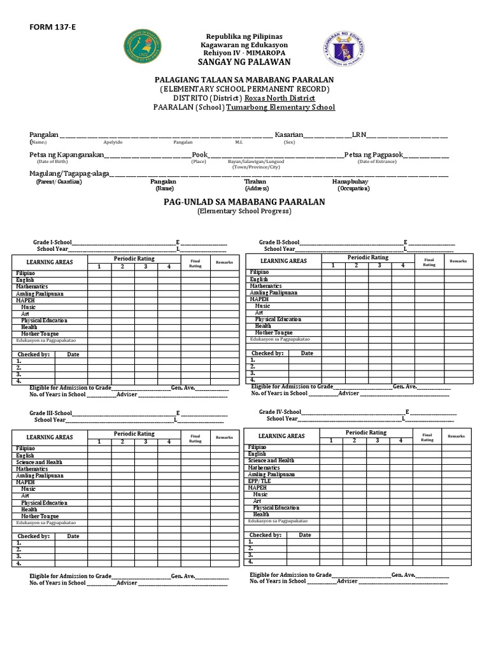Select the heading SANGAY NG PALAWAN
(x=244, y=62)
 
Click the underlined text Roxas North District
(x=281, y=98)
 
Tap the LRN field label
(x=358, y=136)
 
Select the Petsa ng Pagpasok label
(x=373, y=155)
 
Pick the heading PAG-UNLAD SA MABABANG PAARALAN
(x=244, y=202)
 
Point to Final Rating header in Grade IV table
(x=427, y=437)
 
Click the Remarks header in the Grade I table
(x=224, y=262)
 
